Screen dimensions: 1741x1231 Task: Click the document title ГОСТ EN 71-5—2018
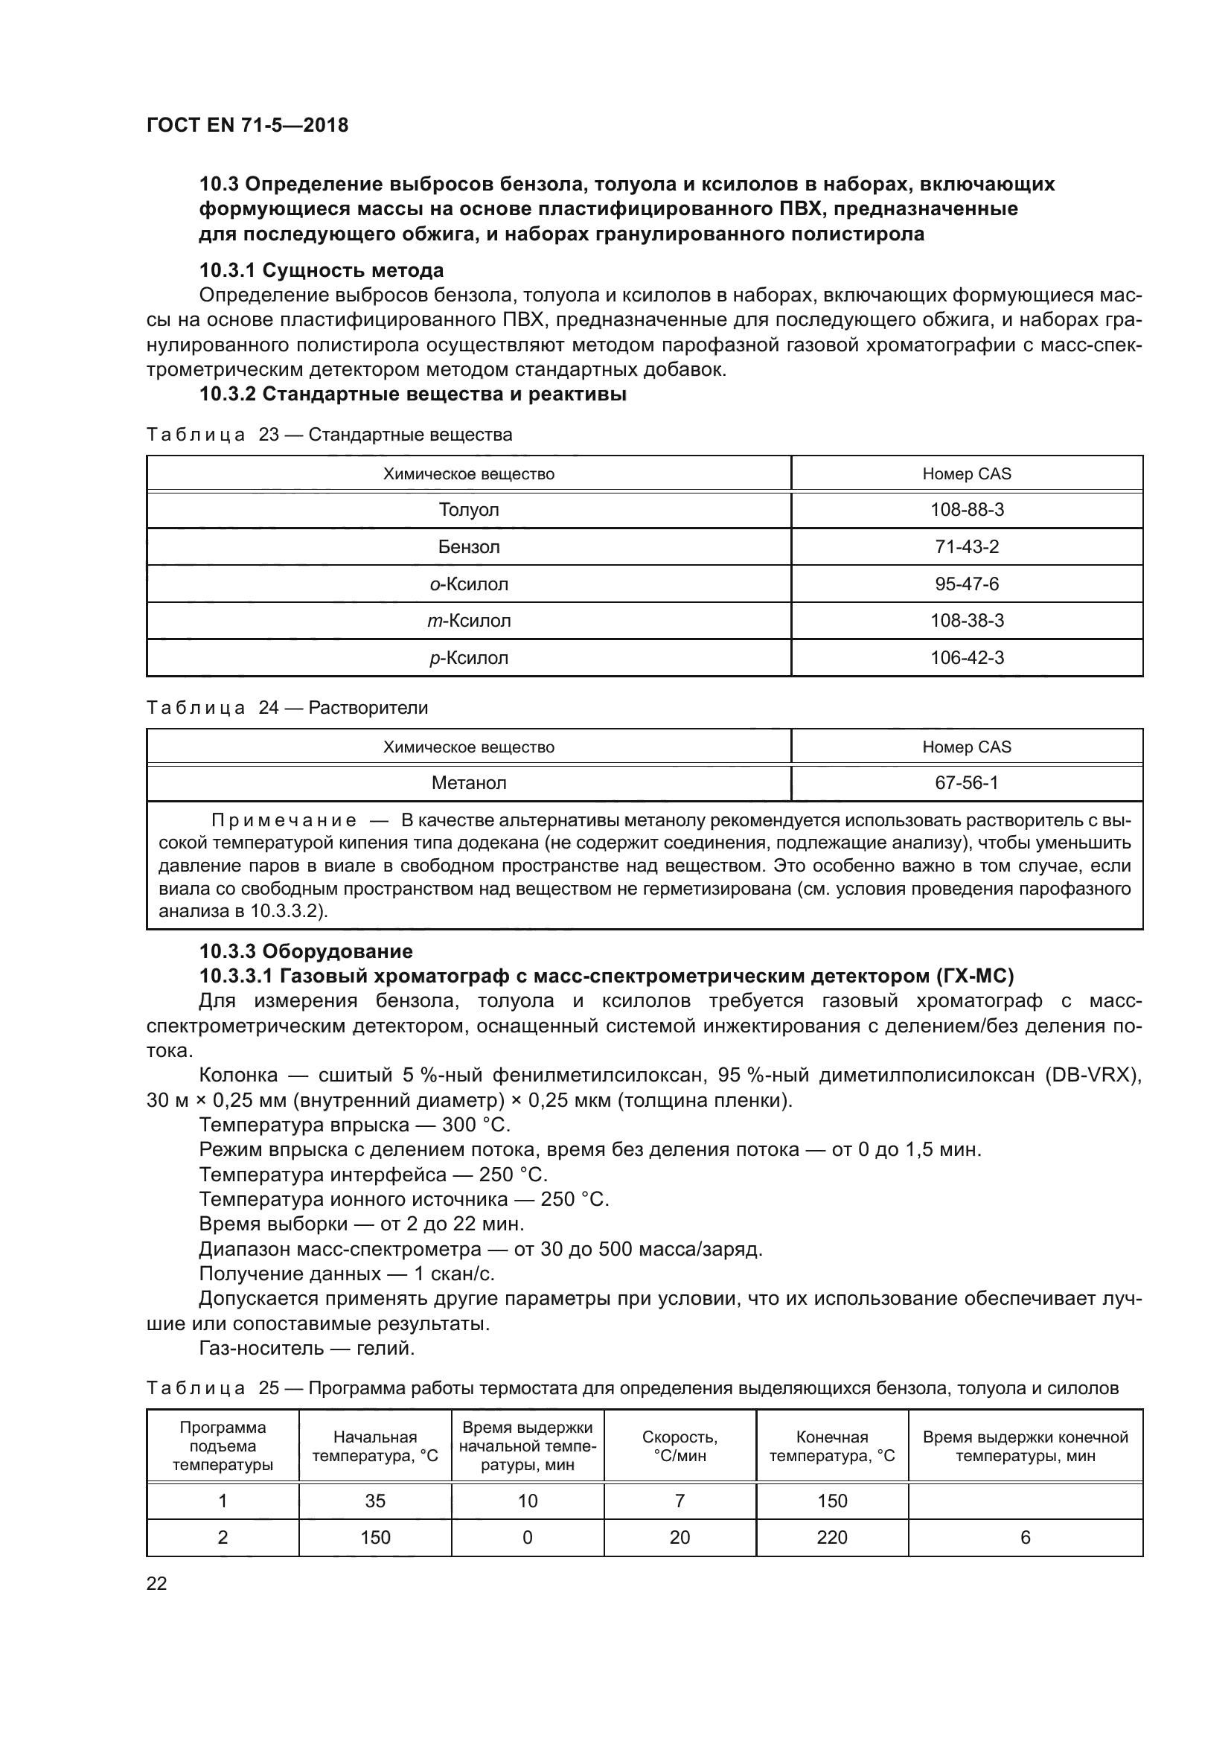(247, 125)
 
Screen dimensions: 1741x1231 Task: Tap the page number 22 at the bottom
(157, 1583)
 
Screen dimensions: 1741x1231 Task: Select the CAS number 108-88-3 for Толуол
(967, 510)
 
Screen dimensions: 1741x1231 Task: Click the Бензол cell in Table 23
(468, 547)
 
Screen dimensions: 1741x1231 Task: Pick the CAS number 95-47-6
(967, 584)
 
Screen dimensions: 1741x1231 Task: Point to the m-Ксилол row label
(468, 621)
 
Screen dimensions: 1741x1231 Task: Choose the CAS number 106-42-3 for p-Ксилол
(967, 657)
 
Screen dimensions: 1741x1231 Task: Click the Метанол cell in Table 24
(468, 782)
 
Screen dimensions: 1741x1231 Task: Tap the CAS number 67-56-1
(967, 782)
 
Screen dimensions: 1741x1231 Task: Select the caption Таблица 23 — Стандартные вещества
(329, 435)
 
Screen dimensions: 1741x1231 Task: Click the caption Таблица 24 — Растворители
(287, 707)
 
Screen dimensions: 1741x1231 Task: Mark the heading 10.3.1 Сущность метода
(322, 271)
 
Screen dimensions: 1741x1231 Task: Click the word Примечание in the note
(284, 820)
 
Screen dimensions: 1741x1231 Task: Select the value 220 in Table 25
(831, 1537)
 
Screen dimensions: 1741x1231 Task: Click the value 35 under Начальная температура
(375, 1501)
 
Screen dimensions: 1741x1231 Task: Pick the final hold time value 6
(1025, 1537)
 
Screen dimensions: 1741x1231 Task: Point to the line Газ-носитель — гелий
(306, 1348)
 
